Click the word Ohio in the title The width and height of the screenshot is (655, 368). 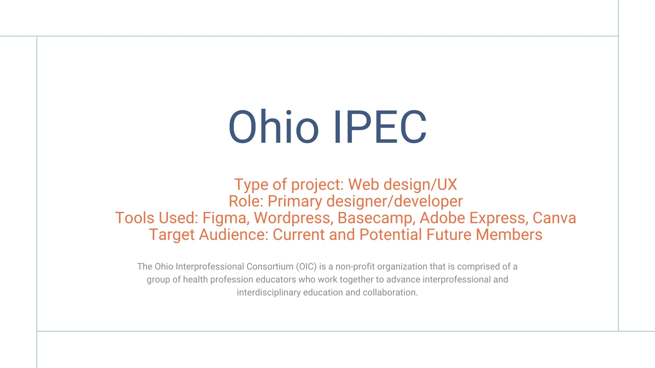(273, 126)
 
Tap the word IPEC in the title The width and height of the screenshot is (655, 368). (380, 127)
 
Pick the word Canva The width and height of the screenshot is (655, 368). (554, 218)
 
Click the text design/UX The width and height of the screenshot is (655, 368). (420, 185)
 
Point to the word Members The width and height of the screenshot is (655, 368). (509, 234)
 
